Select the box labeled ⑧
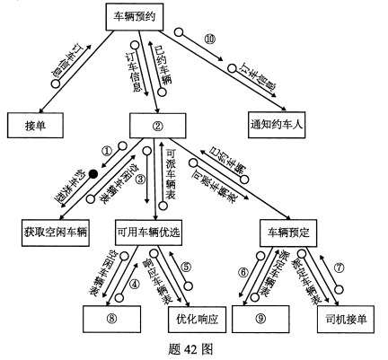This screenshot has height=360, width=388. tap(110, 317)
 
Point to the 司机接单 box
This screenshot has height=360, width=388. tap(342, 317)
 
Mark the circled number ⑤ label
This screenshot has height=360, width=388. tap(186, 266)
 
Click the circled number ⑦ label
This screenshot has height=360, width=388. tap(339, 267)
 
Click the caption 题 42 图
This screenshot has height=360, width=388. tap(194, 348)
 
